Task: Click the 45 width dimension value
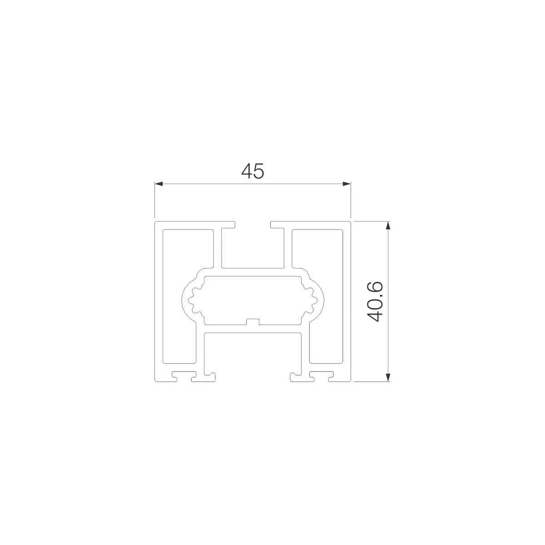[x=253, y=171]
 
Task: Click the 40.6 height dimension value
[x=375, y=302]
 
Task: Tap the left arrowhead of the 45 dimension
[x=159, y=184]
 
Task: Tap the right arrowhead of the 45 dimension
[x=347, y=184]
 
